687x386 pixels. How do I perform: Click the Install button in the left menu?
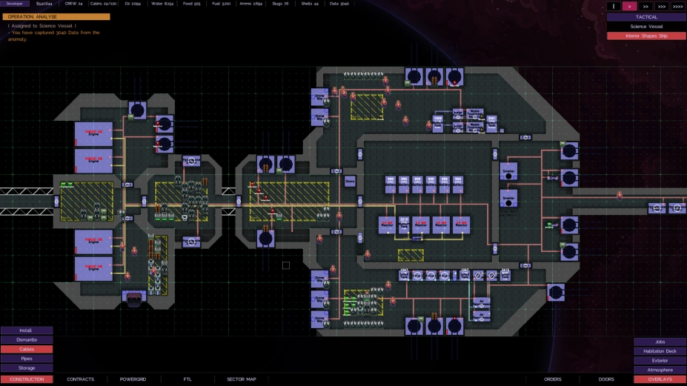26,330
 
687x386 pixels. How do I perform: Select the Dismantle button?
26,340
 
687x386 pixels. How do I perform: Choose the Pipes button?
26,359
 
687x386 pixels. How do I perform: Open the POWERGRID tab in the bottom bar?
133,379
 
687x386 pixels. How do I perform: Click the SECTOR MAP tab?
241,379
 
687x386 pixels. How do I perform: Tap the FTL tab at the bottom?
187,379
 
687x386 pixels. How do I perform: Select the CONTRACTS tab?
80,379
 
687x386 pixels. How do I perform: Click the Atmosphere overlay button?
660,370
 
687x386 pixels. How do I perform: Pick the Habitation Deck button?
660,351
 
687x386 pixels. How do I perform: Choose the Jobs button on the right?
660,342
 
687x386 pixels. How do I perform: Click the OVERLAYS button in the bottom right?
660,379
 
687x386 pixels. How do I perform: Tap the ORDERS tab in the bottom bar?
553,379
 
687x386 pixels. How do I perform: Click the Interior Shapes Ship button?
646,36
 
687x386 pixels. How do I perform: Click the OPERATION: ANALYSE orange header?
56,16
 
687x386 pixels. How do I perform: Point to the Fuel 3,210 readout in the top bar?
221,4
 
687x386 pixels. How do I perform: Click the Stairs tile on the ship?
350,182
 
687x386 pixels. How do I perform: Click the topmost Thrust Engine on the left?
93,134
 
